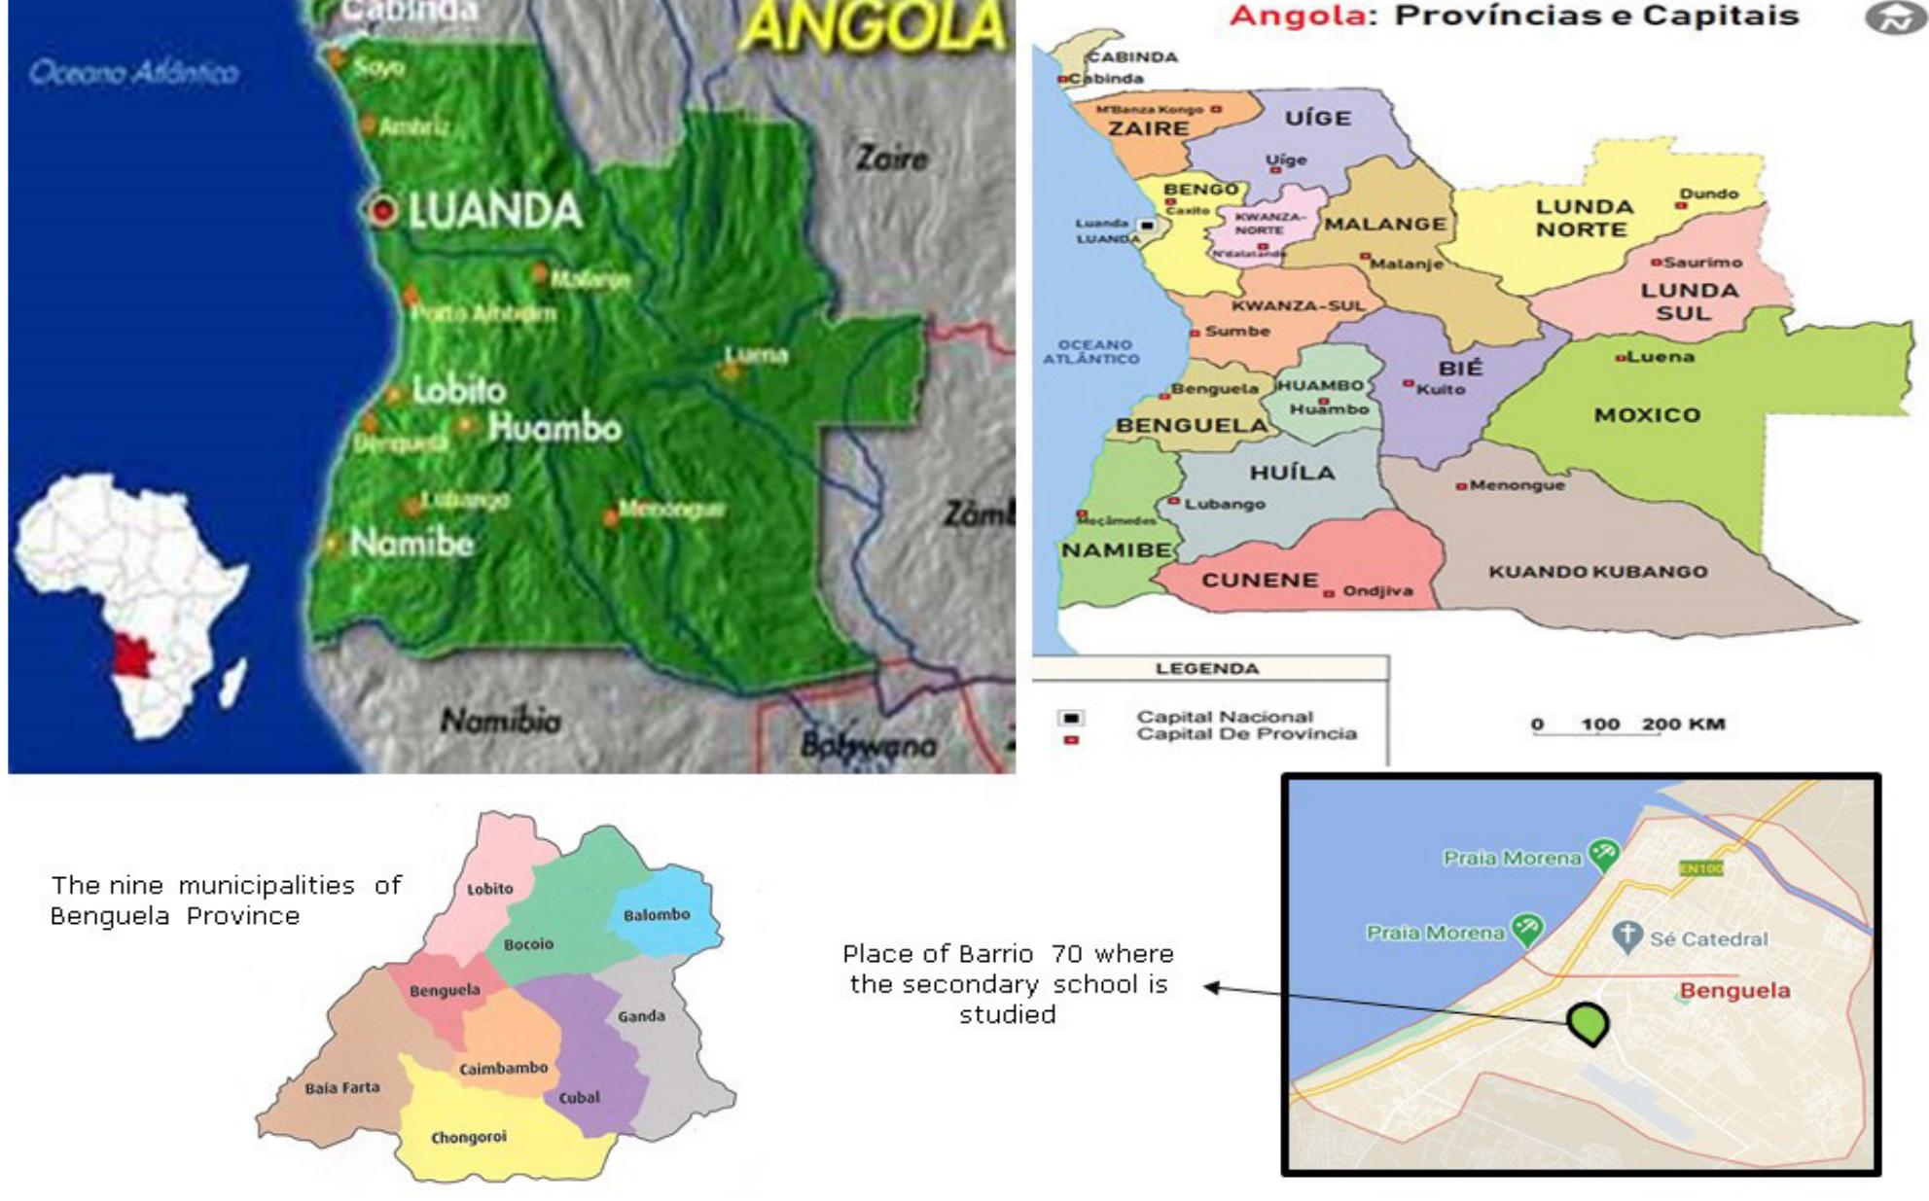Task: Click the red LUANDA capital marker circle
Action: point(383,210)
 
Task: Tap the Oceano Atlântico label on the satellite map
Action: point(134,72)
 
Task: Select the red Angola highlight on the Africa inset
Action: point(133,657)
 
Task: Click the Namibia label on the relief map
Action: point(500,721)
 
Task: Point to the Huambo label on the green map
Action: point(554,427)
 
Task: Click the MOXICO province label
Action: point(1647,415)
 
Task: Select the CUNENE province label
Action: point(1260,581)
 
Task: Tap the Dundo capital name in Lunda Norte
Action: point(1708,194)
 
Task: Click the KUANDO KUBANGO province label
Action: point(1597,572)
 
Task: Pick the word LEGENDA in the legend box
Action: point(1207,669)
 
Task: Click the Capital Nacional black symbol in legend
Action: point(1071,718)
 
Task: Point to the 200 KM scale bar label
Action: point(1683,724)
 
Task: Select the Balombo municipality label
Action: point(657,915)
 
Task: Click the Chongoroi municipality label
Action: point(469,1137)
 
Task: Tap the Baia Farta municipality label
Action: point(342,1087)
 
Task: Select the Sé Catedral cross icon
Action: point(1626,937)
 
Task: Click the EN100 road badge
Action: point(1700,867)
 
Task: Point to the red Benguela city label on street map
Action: point(1734,991)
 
